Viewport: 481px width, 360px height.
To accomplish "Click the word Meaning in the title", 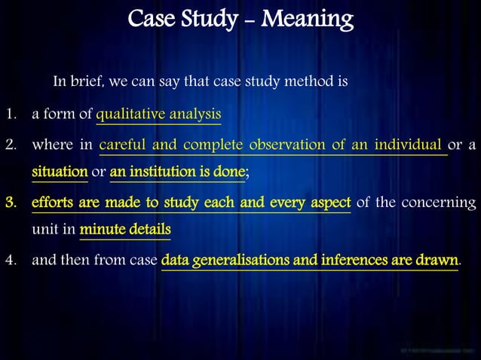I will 309,17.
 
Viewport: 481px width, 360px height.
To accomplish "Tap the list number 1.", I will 11,114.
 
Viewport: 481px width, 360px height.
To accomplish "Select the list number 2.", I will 11,144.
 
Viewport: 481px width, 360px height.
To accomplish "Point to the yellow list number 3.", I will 11,203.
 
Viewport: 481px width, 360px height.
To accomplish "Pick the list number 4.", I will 11,261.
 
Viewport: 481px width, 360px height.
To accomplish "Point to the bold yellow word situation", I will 60,172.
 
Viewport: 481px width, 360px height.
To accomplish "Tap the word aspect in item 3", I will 327,203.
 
